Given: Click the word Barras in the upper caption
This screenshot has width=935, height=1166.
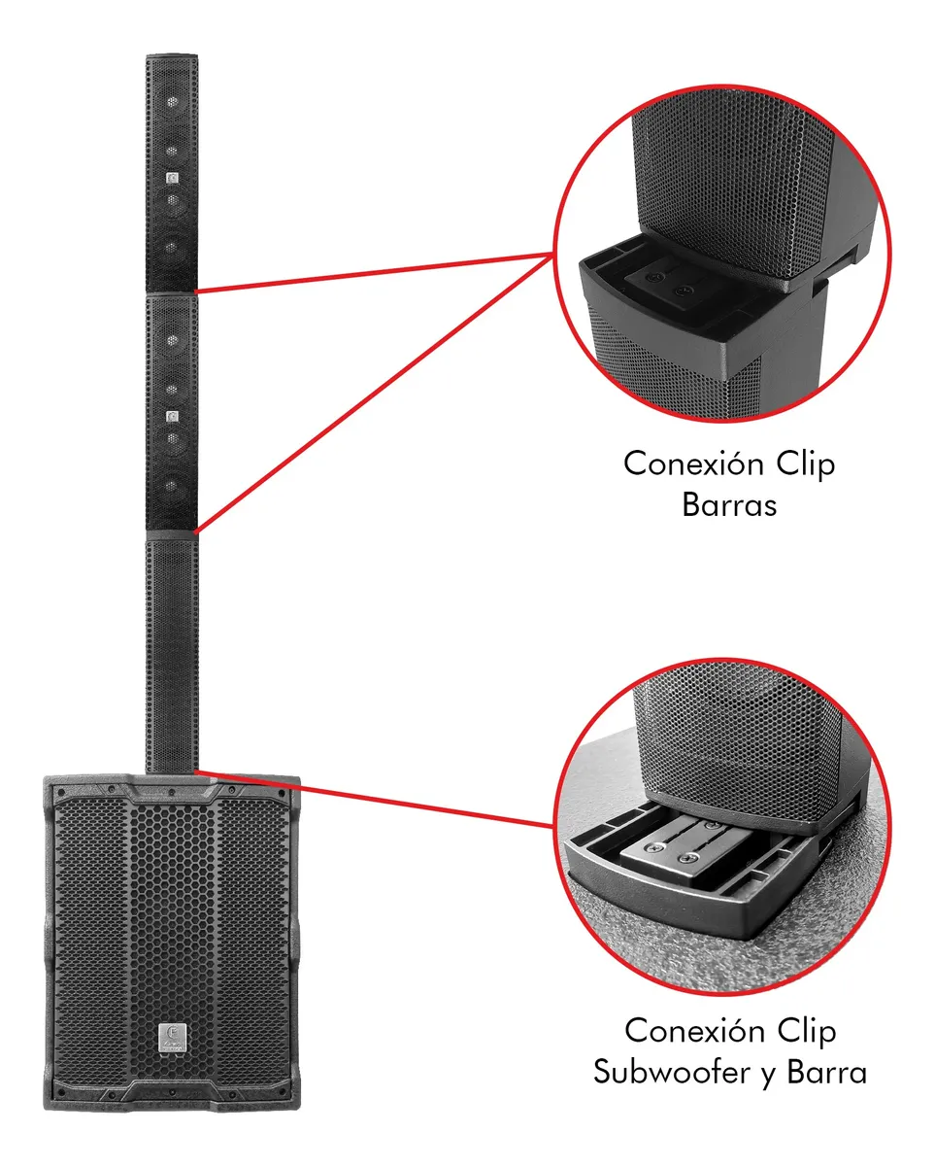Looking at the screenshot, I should (x=728, y=505).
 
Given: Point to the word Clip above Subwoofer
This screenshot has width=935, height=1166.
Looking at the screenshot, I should (x=802, y=1030).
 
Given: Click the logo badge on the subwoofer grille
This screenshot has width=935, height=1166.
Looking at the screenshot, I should (x=172, y=1038).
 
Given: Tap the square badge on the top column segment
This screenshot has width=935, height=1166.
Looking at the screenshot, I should (x=172, y=178).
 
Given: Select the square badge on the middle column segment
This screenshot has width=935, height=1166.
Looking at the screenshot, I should (x=172, y=417).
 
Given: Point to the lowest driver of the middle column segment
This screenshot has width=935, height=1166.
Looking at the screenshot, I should (x=172, y=487).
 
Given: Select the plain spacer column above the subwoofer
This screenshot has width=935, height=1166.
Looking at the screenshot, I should (x=172, y=651).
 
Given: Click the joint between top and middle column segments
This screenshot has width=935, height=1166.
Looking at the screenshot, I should (x=172, y=292).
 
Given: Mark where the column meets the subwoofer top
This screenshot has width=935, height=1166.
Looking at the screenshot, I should (x=172, y=772).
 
